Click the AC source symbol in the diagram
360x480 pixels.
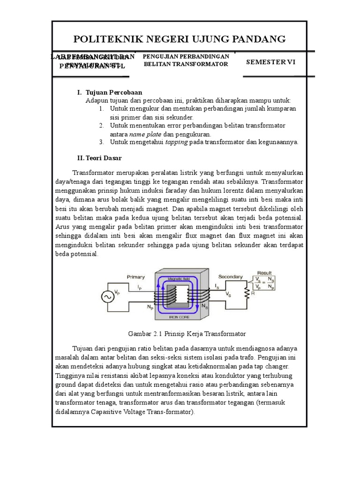pyautogui.click(x=109, y=297)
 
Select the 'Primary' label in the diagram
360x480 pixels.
pyautogui.click(x=136, y=277)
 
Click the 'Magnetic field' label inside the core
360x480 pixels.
pyautogui.click(x=177, y=279)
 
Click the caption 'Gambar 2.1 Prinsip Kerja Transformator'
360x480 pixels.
pyautogui.click(x=187, y=334)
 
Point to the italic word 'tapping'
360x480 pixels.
pyautogui.click(x=176, y=142)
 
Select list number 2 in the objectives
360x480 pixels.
pyautogui.click(x=101, y=126)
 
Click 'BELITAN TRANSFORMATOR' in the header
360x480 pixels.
pyautogui.click(x=186, y=64)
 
